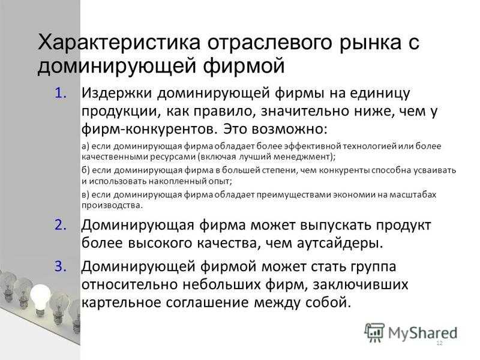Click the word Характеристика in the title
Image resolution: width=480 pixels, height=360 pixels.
tap(119, 42)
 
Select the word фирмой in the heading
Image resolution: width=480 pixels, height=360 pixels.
tap(244, 66)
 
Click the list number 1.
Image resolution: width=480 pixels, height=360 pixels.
tap(61, 94)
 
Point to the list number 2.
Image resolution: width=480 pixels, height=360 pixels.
tap(61, 225)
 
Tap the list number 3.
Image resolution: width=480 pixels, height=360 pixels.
tap(61, 266)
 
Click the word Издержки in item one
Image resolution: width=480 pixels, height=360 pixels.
tap(116, 94)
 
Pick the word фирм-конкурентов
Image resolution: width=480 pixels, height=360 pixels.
tap(148, 129)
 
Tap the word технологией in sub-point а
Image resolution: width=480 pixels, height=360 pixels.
tap(370, 146)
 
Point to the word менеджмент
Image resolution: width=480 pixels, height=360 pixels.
tap(302, 157)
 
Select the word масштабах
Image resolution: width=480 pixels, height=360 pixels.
tap(412, 194)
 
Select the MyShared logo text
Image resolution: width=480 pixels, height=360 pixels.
tap(423, 334)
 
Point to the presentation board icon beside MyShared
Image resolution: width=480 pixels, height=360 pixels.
tap(374, 332)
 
